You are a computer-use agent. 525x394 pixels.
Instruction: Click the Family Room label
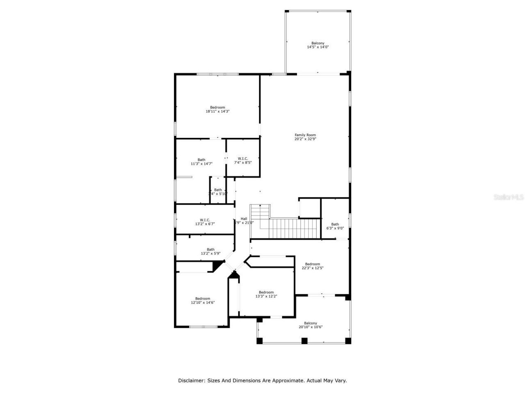[x=305, y=135]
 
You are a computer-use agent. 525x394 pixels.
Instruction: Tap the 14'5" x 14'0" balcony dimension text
[x=317, y=47]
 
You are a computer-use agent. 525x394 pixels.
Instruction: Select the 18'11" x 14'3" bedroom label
[x=217, y=111]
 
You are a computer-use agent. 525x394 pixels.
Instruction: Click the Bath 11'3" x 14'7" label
[x=201, y=162]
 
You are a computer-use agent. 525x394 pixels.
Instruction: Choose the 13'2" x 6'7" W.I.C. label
[x=205, y=222]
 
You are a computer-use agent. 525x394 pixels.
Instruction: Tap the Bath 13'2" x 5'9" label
[x=210, y=252]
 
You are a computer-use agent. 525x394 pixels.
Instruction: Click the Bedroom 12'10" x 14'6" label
[x=203, y=300]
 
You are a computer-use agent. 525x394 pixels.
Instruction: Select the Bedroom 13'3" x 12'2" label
[x=266, y=294]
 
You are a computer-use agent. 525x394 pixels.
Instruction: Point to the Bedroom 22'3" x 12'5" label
[x=312, y=266]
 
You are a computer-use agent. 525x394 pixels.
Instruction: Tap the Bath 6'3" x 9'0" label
[x=335, y=226]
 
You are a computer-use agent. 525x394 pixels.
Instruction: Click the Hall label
[x=244, y=219]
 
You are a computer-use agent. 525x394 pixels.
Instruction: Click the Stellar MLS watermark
[x=509, y=197]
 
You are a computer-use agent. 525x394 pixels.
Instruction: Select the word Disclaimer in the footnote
[x=191, y=380]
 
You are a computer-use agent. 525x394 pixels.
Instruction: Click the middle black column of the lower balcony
[x=304, y=340]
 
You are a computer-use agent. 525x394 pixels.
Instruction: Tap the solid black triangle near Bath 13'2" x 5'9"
[x=217, y=266]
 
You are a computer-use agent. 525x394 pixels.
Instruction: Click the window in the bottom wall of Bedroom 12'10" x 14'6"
[x=203, y=327]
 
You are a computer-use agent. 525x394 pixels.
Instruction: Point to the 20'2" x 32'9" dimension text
[x=305, y=139]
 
